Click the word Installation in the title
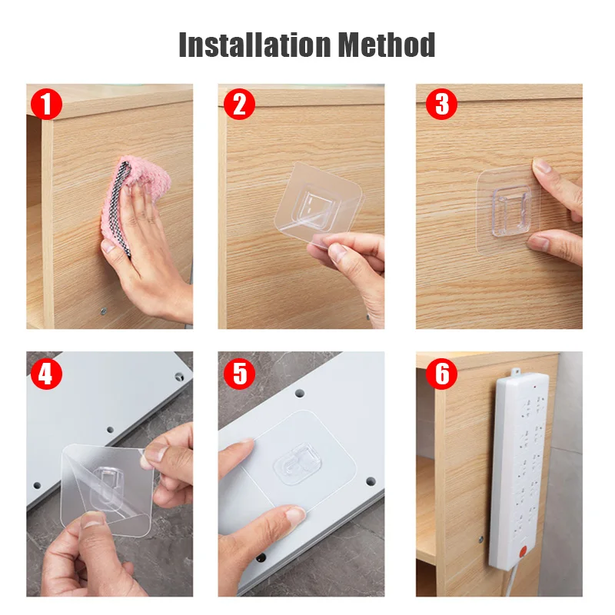tap(255, 45)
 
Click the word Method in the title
tap(387, 45)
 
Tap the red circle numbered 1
tap(46, 104)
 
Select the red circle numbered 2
tap(239, 104)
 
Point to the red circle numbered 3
tap(441, 104)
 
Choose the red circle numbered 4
tap(46, 374)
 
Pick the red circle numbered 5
tap(239, 374)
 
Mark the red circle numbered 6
tap(441, 374)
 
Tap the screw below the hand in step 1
tap(104, 311)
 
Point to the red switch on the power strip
tap(523, 552)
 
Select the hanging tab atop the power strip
tap(516, 371)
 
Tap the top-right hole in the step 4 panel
tap(179, 377)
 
